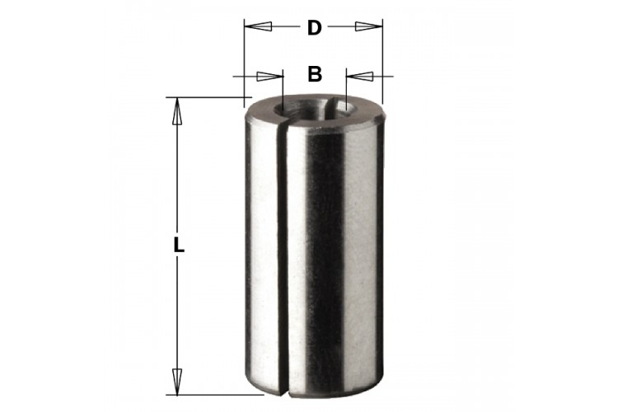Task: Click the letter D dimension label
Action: coord(315,27)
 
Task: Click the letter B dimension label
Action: coord(315,73)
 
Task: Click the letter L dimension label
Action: coord(179,246)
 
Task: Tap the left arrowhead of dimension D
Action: coord(258,26)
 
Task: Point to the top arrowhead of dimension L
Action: coord(177,111)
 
